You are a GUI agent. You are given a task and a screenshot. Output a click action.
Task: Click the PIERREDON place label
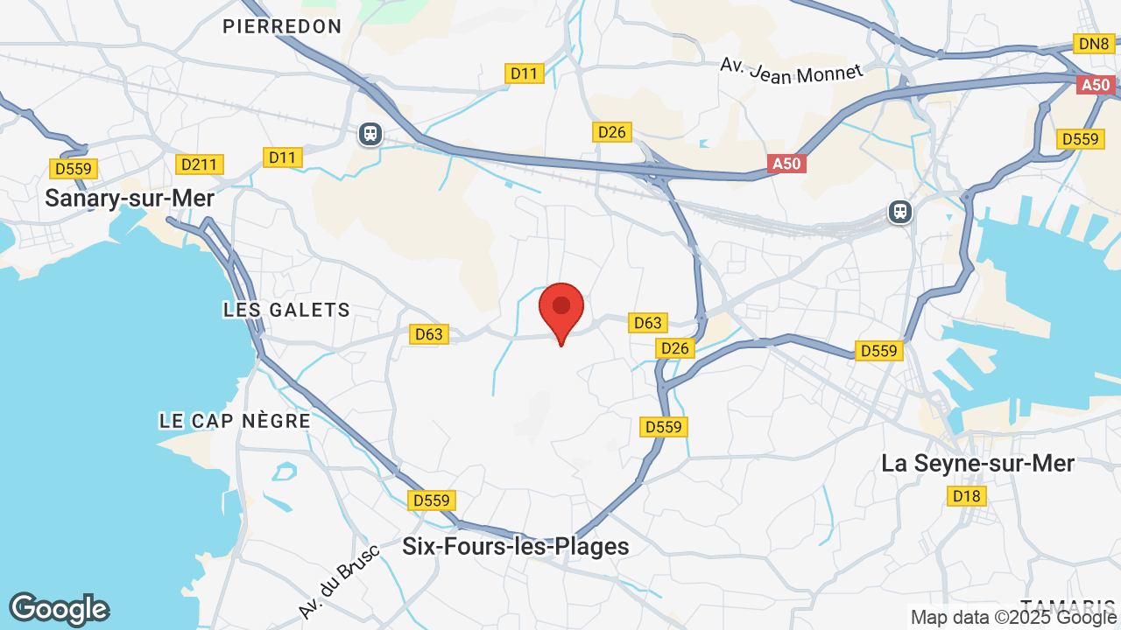point(282,26)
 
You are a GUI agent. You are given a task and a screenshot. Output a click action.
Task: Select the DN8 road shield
point(1094,44)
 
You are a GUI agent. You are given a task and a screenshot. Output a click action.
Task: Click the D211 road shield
point(201,164)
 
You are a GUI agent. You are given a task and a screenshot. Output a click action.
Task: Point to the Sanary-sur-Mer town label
point(130,199)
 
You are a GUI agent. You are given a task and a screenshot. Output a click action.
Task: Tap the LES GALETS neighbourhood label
point(286,310)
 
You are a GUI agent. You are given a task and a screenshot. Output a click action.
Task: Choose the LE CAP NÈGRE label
point(235,421)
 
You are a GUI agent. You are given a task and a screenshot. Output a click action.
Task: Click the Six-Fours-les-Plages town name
point(515,547)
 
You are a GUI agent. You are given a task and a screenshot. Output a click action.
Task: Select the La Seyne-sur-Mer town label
point(977,464)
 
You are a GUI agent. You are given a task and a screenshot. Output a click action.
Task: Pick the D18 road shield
point(967,496)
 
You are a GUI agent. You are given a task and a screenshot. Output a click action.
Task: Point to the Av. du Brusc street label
point(338,581)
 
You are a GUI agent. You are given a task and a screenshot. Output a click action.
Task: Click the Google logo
point(59,609)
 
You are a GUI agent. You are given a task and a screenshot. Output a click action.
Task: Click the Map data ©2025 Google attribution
point(1013,618)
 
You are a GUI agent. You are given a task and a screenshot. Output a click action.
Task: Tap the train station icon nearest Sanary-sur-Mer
point(370,134)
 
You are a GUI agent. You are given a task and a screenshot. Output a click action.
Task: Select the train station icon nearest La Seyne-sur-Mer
point(899,212)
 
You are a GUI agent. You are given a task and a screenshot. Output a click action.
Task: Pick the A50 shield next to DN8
point(1096,85)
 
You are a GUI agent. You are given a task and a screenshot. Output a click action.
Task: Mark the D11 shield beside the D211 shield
point(282,157)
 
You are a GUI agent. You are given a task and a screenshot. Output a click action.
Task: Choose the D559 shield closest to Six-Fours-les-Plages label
point(431,500)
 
